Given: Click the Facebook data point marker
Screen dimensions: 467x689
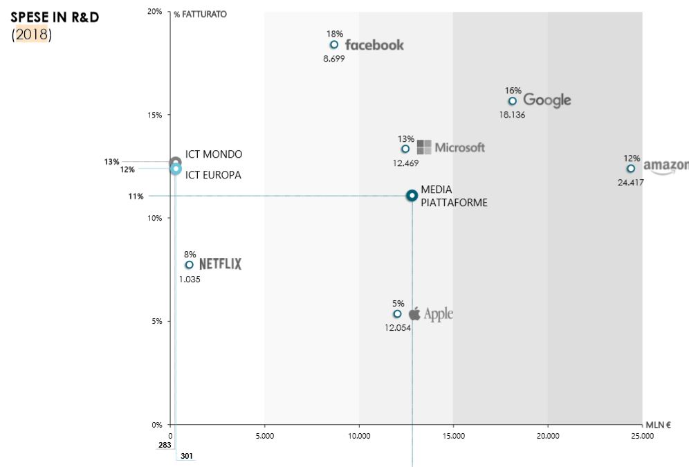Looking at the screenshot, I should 334,45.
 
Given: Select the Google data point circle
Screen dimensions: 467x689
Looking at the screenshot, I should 513,101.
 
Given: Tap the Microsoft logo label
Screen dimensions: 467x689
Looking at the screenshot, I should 451,147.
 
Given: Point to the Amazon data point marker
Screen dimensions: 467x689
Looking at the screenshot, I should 631,169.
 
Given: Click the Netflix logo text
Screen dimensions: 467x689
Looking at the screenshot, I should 221,264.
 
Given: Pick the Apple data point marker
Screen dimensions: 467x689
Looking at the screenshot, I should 397,314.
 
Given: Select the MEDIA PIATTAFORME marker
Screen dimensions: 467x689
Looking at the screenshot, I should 412,196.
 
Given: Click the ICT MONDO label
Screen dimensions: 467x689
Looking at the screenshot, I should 214,154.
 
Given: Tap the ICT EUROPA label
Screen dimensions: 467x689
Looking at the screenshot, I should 213,176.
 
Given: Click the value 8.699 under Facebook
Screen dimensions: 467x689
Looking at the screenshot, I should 333,59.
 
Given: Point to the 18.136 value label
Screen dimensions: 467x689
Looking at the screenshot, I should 512,115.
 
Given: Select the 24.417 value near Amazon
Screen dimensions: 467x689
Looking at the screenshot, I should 630,183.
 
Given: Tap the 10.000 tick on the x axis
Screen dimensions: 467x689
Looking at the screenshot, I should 358,436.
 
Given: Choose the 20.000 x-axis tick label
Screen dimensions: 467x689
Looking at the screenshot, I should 547,436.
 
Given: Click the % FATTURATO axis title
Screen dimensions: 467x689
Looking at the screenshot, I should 200,14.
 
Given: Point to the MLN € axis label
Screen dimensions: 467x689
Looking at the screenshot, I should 658,425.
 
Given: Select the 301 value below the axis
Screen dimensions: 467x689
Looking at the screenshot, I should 187,456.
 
